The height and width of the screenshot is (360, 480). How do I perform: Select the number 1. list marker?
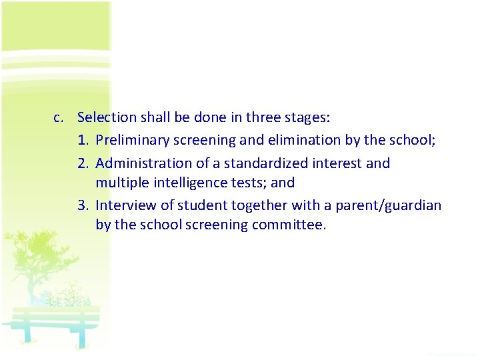click(x=83, y=141)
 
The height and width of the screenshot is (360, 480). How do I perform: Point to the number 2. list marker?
click(x=83, y=163)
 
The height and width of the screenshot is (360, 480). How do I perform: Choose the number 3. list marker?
click(x=83, y=205)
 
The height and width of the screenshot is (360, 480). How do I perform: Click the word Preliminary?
click(x=132, y=141)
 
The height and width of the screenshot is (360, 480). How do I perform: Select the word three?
click(x=263, y=118)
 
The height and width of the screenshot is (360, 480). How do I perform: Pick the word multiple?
click(x=119, y=183)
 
